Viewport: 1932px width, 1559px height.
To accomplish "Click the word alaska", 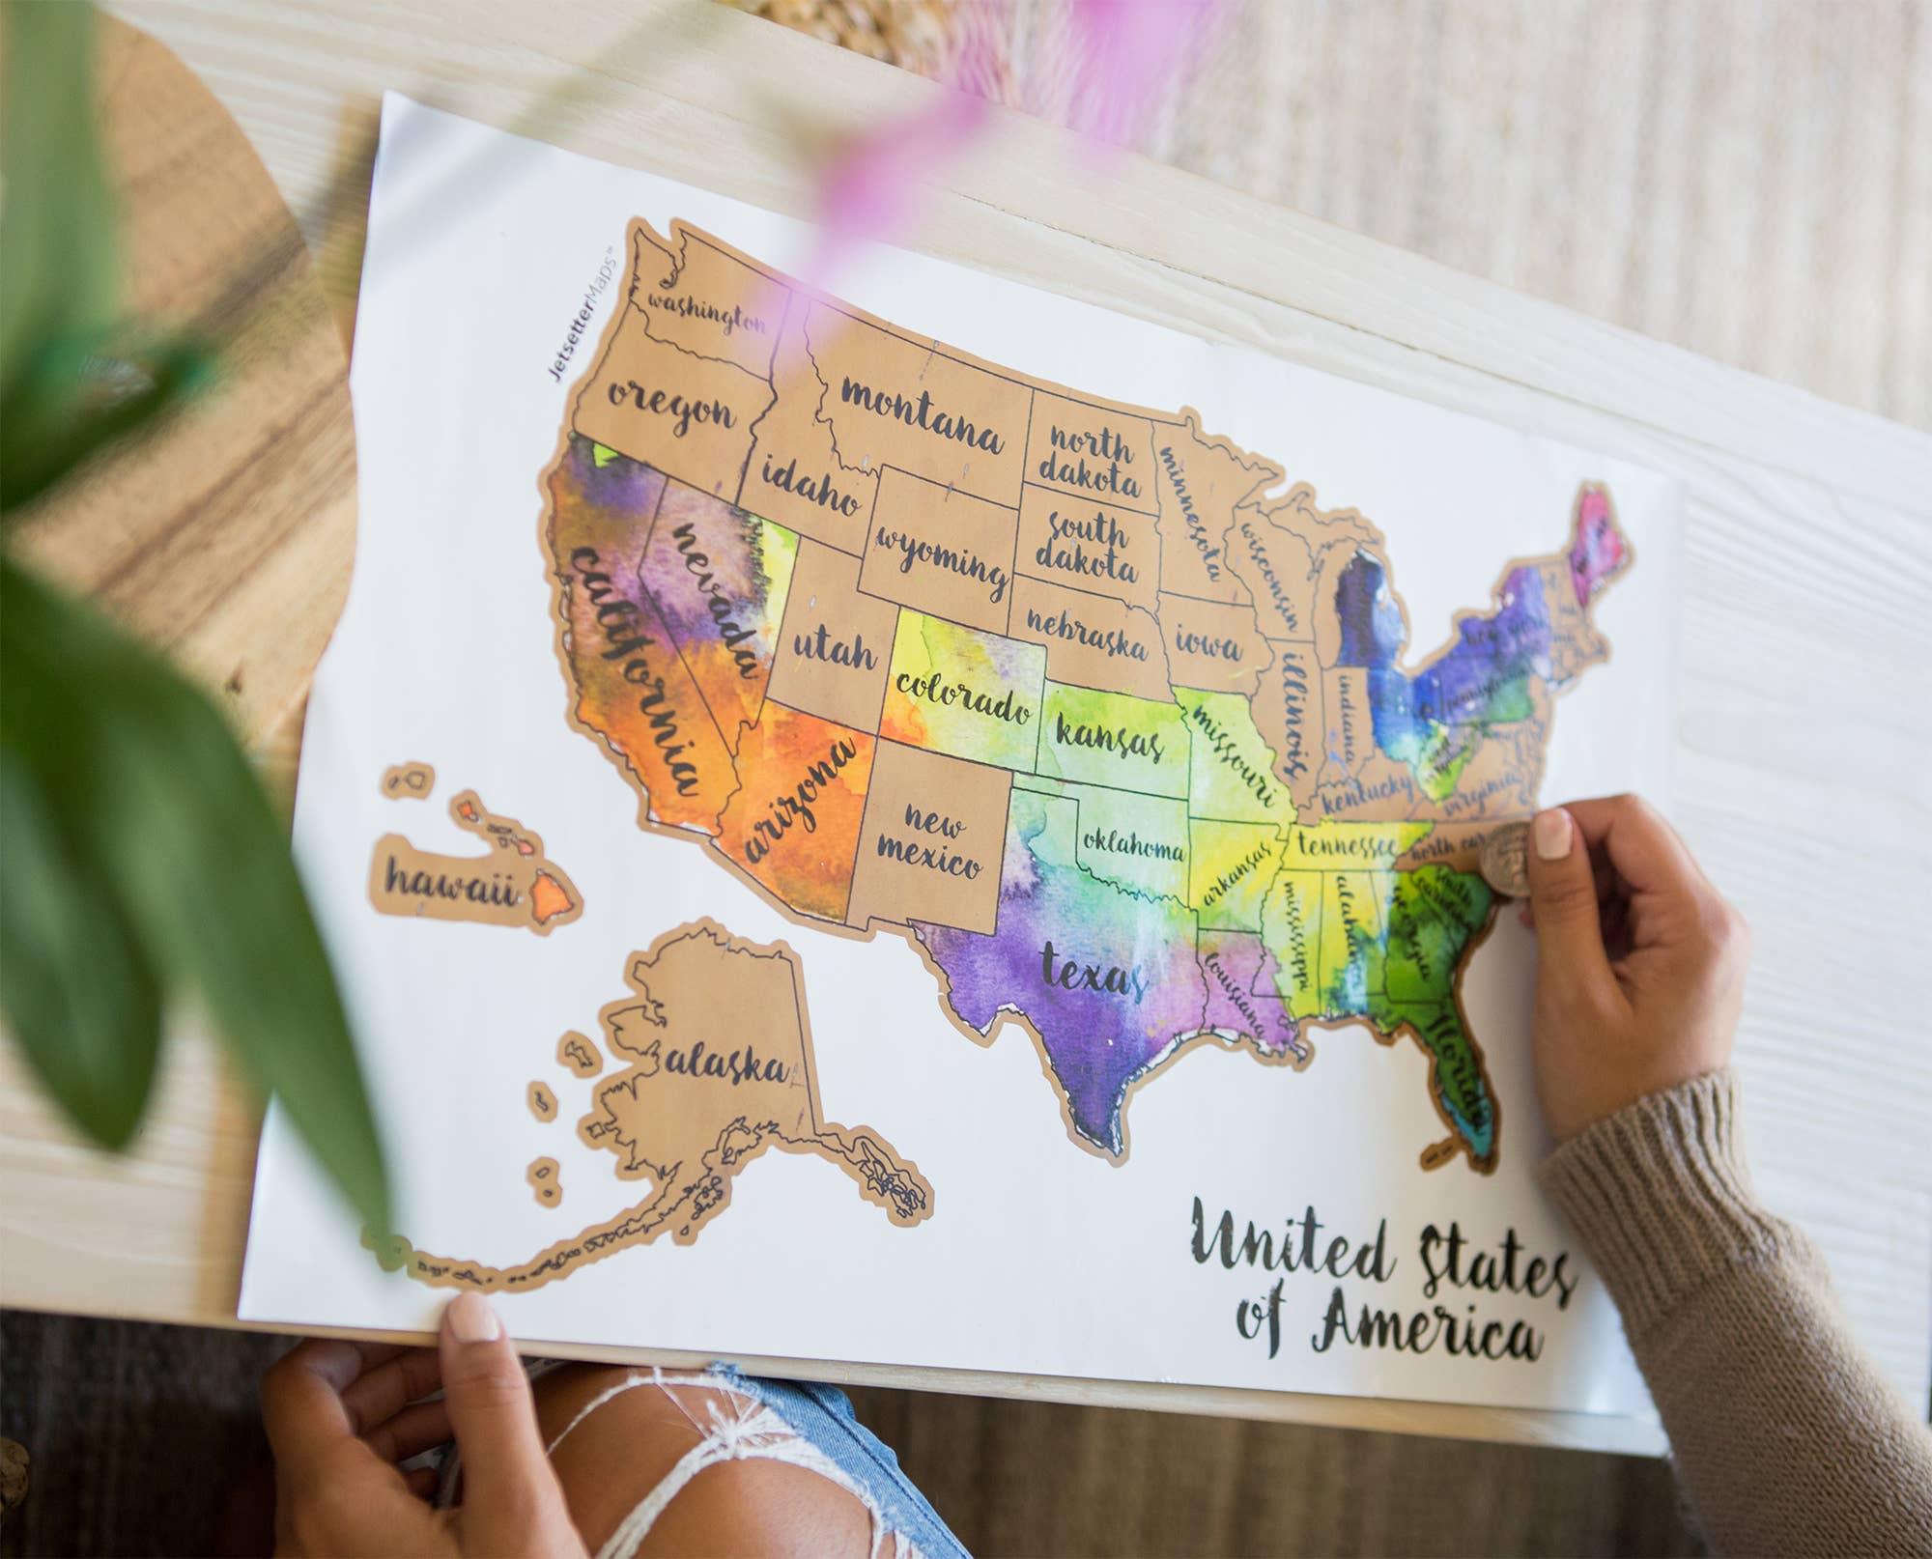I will tap(726, 1063).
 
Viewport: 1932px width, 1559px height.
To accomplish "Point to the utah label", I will tap(836, 651).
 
